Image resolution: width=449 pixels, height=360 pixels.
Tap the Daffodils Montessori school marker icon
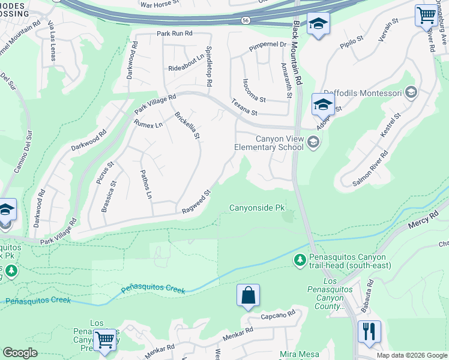point(411,92)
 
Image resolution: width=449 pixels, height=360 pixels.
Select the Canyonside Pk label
point(257,208)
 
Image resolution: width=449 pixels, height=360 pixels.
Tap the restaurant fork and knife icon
point(369,332)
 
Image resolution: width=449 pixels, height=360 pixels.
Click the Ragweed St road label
point(197,202)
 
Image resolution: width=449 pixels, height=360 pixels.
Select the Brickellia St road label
point(187,125)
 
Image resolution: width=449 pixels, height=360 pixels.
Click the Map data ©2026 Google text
point(411,355)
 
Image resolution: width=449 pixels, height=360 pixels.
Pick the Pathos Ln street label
point(146,184)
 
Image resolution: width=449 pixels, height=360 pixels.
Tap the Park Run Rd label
point(175,34)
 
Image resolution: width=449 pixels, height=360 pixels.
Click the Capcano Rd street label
point(279,314)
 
